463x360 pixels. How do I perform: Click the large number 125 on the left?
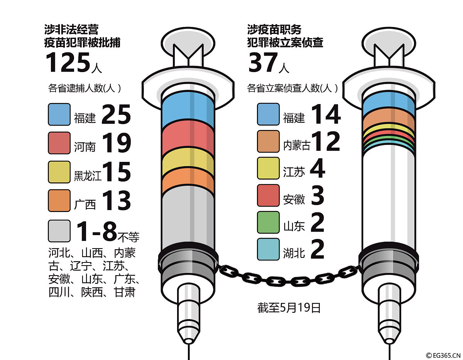click(x=68, y=62)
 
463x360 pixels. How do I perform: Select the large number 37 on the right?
click(x=263, y=62)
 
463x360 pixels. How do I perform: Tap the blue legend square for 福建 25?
click(x=59, y=114)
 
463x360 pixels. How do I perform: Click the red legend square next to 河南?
click(x=59, y=143)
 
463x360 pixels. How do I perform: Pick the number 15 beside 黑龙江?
click(x=117, y=172)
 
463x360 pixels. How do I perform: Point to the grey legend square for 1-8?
click(x=59, y=230)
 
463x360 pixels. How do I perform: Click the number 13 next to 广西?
click(x=117, y=201)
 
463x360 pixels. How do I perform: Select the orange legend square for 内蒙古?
click(x=268, y=141)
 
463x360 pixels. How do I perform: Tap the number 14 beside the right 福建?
click(x=326, y=114)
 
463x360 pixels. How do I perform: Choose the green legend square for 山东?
click(x=268, y=222)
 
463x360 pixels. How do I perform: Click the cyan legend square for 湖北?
click(x=268, y=249)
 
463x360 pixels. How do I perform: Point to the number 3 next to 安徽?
click(x=318, y=196)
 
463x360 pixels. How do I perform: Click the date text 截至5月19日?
click(x=289, y=308)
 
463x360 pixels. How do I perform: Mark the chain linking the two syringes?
click(x=289, y=276)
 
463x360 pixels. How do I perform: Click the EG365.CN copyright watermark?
click(x=443, y=355)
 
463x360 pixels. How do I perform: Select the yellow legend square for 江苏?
click(x=268, y=168)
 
